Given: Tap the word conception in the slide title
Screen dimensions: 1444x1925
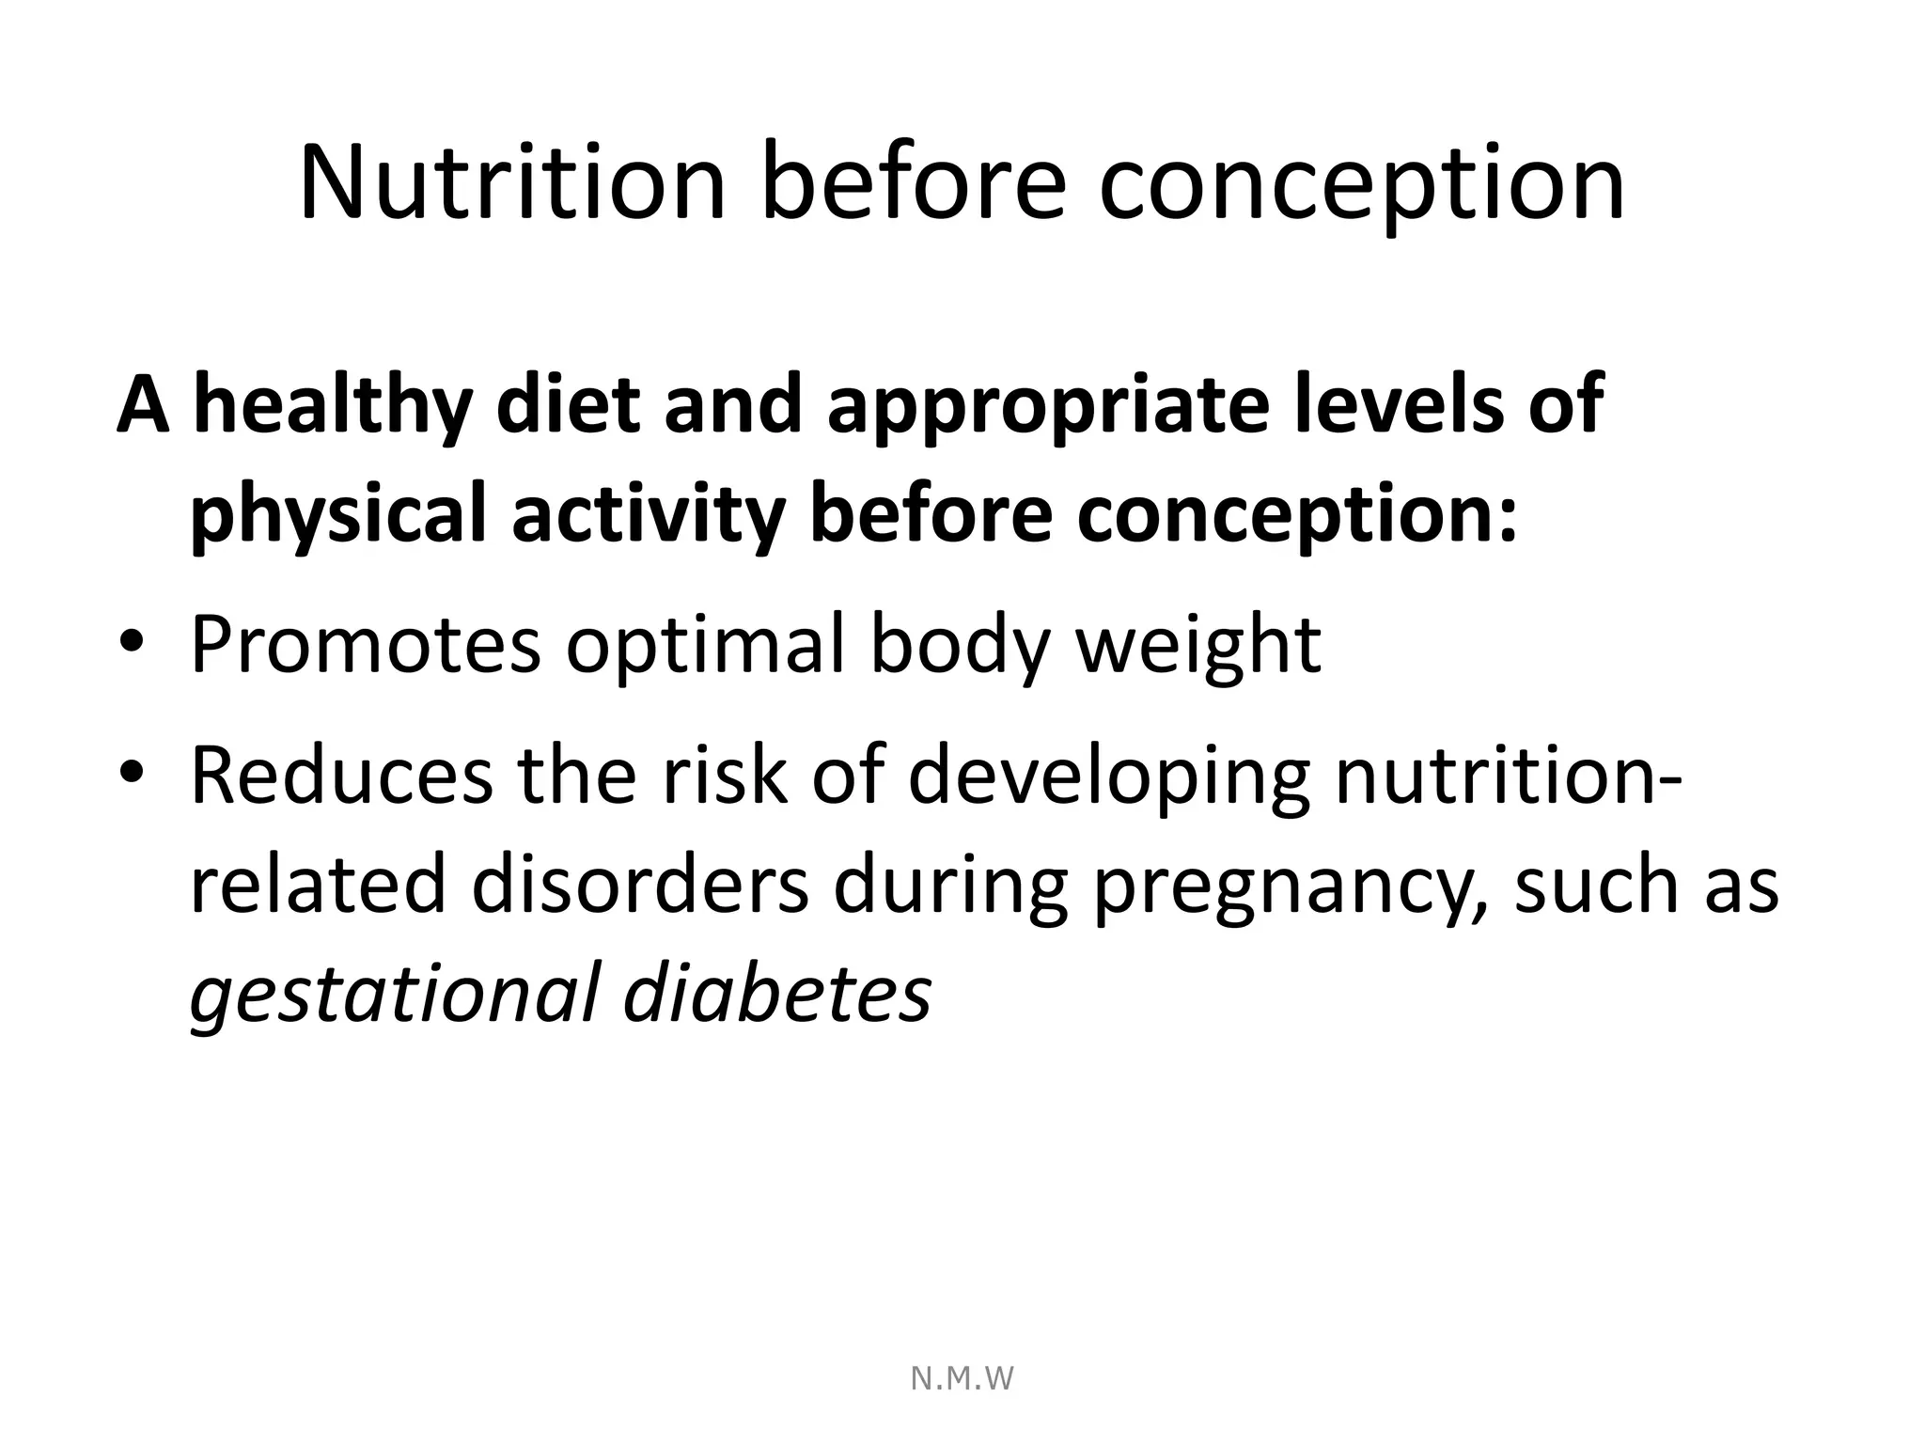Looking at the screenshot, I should tap(1361, 183).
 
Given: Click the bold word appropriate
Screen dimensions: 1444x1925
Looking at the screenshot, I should tap(1047, 406).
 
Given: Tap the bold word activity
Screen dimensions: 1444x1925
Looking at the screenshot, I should tap(649, 515).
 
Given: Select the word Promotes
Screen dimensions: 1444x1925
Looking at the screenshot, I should tap(366, 645).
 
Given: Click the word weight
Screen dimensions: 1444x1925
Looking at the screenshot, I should tap(1198, 647).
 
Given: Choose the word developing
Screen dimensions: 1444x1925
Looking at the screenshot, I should tap(1108, 777).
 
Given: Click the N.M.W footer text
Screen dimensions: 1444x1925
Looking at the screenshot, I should tap(962, 1378).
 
